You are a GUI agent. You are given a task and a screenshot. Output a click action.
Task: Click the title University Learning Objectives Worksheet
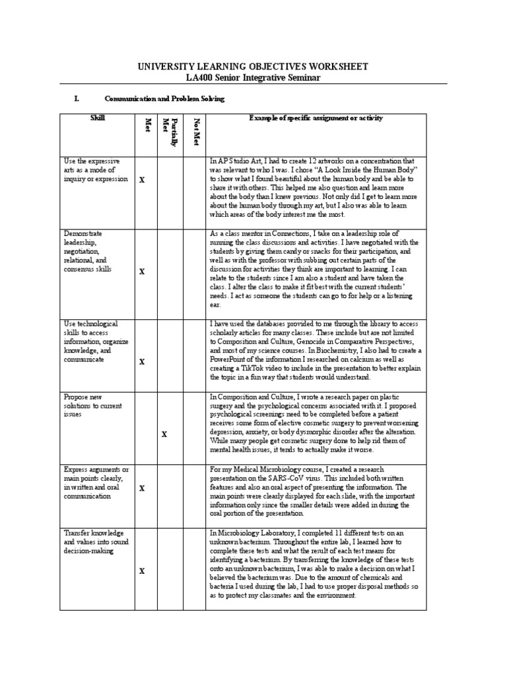point(253,67)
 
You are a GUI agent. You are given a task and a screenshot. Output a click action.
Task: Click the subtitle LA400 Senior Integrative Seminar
point(253,78)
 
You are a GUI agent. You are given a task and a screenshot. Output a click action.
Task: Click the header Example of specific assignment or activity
point(316,118)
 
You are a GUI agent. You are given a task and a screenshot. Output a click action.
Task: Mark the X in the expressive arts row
point(141,180)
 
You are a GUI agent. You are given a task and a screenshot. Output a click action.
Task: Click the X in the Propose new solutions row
point(164,434)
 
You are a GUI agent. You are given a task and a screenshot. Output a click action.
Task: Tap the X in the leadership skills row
point(141,271)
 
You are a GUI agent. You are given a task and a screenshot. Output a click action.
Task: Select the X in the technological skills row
point(141,362)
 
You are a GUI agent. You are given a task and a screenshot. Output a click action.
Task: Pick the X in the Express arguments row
point(141,488)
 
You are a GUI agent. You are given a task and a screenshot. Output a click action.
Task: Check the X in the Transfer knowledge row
point(141,571)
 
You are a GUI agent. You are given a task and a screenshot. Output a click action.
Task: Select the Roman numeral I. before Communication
point(77,99)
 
